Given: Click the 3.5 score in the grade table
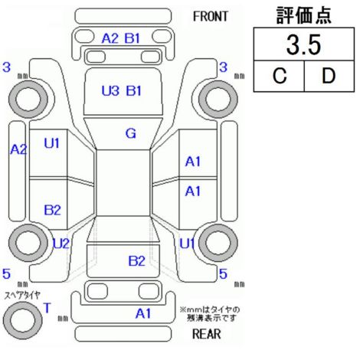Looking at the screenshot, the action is click(303, 45).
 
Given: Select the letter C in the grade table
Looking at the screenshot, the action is click(280, 76).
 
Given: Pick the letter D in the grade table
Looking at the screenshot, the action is click(329, 76).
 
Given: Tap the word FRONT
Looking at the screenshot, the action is click(210, 17).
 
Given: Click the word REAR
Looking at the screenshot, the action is click(206, 334).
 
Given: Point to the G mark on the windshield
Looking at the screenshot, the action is click(131, 133).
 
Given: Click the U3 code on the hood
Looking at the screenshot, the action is click(110, 91).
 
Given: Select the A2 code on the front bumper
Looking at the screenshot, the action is click(110, 38).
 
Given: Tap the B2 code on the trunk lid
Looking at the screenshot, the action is click(136, 261).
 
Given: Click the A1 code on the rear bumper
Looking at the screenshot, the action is click(143, 313).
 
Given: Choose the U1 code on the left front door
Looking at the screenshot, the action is click(51, 143).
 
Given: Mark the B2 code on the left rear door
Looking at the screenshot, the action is click(52, 210).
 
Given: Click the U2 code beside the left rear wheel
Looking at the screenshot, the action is click(61, 244).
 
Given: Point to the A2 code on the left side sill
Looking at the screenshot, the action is click(18, 149).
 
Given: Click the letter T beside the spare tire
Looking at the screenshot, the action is click(47, 308).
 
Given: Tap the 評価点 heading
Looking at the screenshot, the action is click(304, 15).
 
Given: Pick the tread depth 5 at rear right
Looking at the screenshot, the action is click(223, 274).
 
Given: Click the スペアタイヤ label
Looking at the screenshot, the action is click(22, 296).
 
